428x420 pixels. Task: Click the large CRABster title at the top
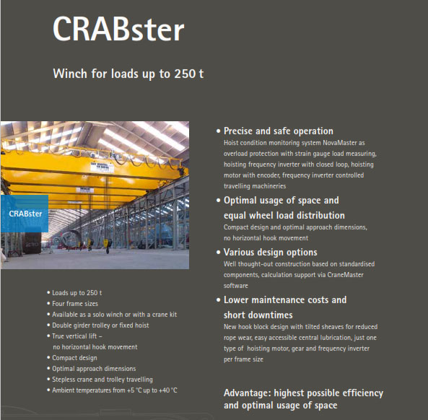118,29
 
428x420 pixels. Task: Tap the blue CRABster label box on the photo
25,214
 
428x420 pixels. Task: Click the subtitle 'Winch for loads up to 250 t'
128,74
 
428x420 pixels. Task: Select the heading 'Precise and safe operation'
279,131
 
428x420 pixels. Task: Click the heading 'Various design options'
270,253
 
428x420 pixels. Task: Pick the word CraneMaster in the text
345,275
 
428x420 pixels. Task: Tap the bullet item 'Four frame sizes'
75,304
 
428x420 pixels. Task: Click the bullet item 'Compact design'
74,358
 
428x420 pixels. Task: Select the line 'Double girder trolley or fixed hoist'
100,325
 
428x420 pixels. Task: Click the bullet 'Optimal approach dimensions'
94,369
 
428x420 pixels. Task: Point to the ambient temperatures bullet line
115,390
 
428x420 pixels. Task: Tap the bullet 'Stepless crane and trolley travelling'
102,380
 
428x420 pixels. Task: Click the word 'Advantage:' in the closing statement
248,393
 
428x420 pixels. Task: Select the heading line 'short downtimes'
258,315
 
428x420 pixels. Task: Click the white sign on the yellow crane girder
102,167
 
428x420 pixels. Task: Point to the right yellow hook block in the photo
107,244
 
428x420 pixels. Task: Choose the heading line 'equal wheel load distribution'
284,216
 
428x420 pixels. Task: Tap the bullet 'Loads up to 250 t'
77,293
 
